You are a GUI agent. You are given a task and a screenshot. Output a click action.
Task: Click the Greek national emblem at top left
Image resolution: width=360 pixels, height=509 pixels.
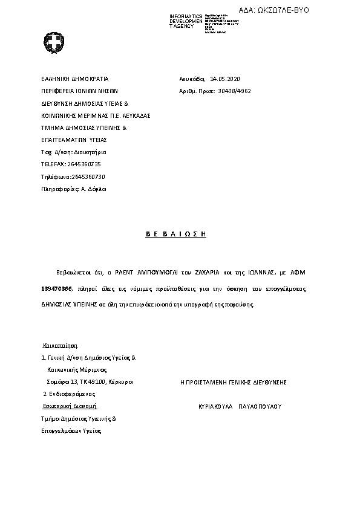(53, 43)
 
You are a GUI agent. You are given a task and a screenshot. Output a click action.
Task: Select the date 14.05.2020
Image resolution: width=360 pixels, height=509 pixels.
(225, 79)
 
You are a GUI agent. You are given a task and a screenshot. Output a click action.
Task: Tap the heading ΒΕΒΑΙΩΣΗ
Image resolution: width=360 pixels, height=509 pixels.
(176, 234)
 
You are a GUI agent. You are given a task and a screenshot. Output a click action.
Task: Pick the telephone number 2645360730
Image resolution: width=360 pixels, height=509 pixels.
(88, 177)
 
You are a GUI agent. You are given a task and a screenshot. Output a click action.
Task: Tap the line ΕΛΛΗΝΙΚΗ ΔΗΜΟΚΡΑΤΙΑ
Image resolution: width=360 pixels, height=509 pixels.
(74, 79)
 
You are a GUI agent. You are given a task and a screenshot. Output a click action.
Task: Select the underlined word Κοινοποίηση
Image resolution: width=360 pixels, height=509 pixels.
(61, 346)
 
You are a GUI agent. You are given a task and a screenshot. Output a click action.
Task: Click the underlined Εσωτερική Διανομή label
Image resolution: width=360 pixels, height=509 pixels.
(70, 406)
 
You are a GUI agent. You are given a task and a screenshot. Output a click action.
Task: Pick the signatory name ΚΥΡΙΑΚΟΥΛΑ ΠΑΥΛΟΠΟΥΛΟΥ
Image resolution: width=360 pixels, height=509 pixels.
(240, 407)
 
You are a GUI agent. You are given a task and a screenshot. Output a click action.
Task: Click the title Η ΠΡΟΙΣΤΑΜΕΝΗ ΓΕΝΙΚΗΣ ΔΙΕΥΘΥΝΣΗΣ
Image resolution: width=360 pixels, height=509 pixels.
(234, 382)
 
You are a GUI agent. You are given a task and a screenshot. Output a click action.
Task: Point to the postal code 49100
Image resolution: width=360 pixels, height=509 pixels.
(98, 382)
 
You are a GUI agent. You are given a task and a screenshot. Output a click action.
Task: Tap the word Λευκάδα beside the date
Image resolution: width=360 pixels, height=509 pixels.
(192, 79)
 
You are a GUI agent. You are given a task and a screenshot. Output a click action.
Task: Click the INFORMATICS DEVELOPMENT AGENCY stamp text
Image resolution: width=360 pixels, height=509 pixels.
(186, 21)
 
